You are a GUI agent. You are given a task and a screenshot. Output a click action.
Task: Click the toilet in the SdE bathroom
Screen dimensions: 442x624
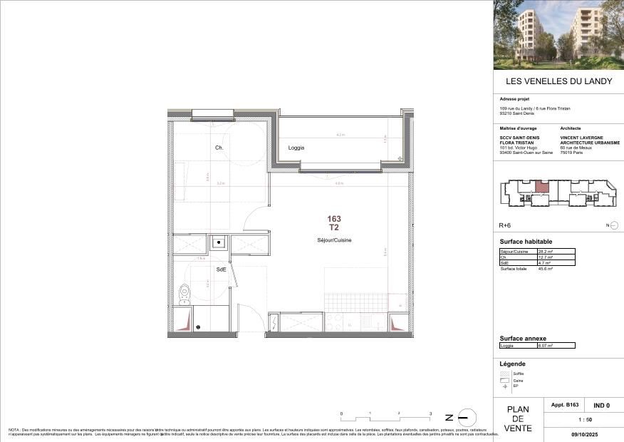[x=184, y=291]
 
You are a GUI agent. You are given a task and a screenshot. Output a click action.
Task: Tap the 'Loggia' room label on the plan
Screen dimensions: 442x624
[x=296, y=148]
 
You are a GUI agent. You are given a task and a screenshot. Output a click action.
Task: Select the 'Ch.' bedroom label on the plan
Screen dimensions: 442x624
[x=219, y=148]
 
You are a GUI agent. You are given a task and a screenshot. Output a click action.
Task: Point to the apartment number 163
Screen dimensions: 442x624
[x=334, y=219]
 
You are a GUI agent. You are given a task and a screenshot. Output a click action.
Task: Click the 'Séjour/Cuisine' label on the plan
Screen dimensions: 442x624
[x=334, y=240]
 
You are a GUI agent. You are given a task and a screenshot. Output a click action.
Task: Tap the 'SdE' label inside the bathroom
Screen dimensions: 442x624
[x=222, y=269]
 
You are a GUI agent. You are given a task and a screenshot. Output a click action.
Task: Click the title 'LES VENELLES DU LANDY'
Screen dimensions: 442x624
[x=558, y=81]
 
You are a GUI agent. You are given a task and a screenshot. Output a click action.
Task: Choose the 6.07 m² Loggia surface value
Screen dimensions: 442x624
[x=545, y=345]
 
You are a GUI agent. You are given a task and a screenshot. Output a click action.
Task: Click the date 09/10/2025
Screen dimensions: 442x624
[x=583, y=433]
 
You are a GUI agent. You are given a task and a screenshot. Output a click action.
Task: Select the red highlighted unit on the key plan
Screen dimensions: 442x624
[x=542, y=188]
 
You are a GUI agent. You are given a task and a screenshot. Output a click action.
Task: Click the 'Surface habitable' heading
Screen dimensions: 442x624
[x=526, y=242]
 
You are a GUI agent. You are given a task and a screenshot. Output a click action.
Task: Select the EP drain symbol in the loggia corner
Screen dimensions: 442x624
[x=400, y=158]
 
